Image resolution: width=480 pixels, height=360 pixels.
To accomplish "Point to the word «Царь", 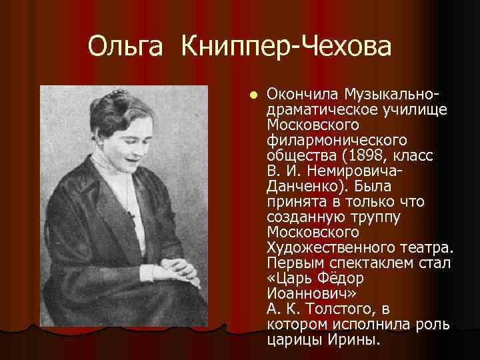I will pyautogui.click(x=292, y=279).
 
